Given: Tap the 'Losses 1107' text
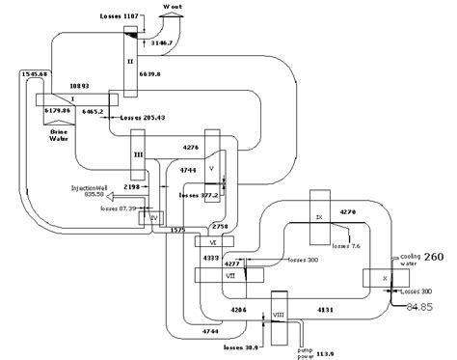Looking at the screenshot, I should tap(121, 17).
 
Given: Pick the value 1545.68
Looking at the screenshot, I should tap(35, 74).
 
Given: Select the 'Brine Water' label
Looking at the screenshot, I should tap(62, 134).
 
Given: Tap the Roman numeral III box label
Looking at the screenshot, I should tap(137, 153).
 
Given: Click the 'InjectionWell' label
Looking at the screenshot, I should tap(94, 188).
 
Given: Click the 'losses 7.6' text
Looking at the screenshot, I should tap(348, 245).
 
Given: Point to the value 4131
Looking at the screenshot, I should tap(330, 309).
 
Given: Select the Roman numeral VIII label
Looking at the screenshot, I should tap(278, 315).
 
